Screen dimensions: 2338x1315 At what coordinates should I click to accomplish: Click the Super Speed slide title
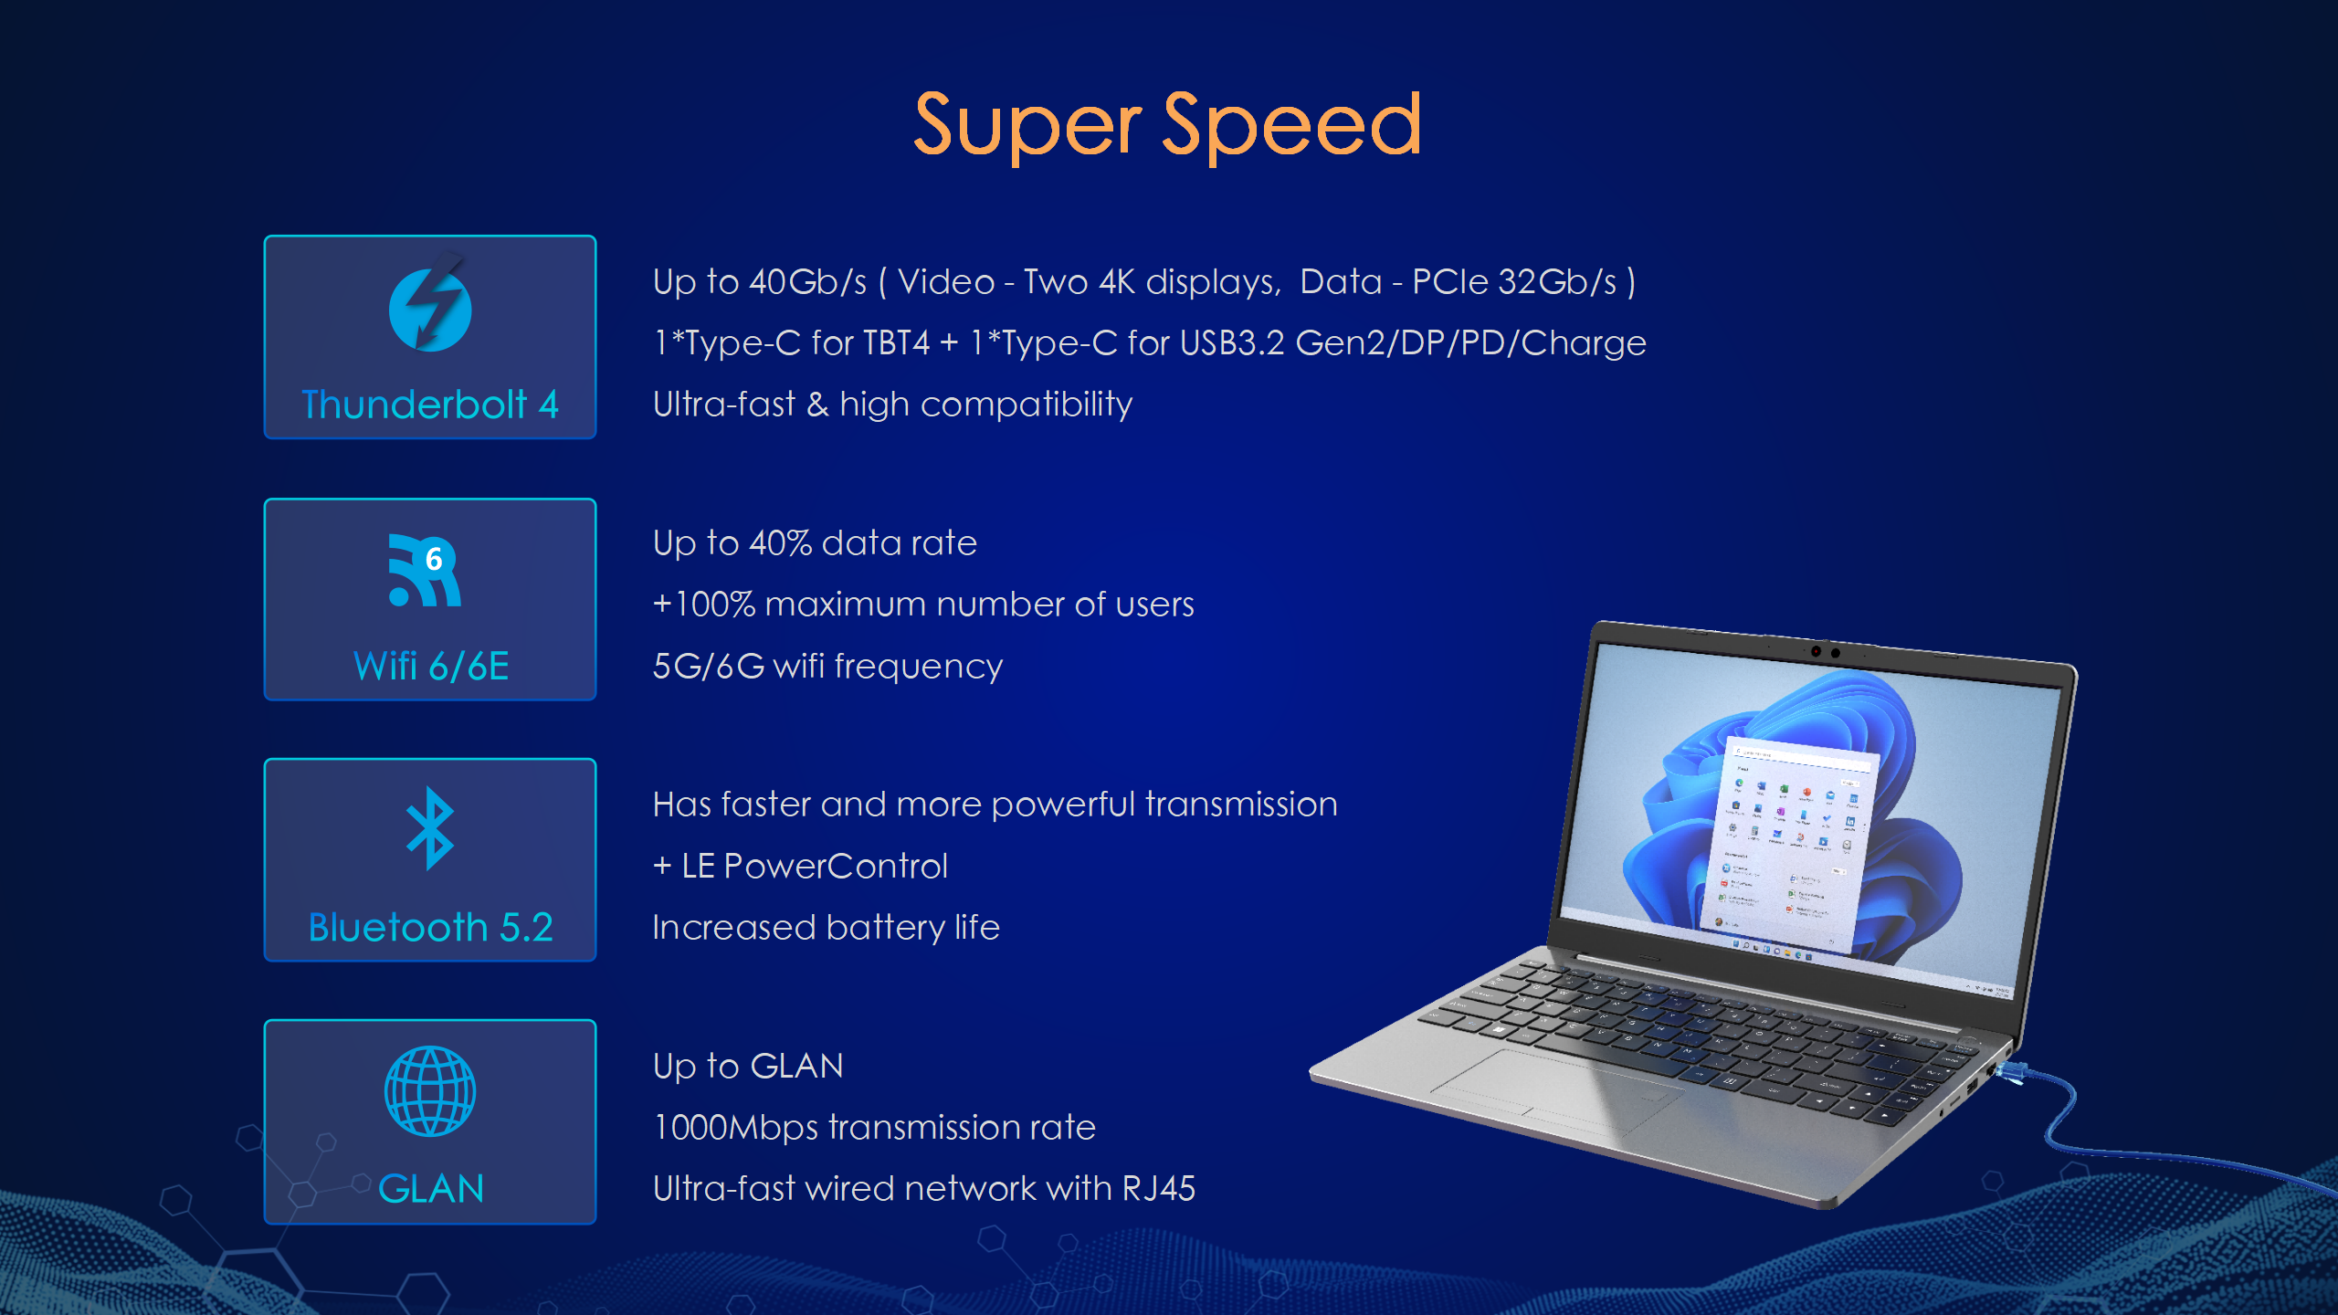coord(1167,126)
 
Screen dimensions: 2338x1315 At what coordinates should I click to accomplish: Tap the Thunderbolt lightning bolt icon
coord(430,304)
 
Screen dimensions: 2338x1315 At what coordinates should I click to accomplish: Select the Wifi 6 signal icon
coord(425,570)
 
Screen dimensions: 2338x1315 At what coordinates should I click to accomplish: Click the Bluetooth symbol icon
coord(430,828)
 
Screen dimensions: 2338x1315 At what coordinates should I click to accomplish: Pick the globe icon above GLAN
coord(430,1091)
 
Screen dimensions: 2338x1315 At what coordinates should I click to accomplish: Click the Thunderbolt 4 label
coord(430,405)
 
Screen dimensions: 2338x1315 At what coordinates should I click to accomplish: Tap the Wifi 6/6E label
coord(431,666)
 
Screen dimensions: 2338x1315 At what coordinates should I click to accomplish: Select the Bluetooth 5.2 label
coord(431,928)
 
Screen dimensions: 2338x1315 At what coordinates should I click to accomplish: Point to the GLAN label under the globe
coord(431,1189)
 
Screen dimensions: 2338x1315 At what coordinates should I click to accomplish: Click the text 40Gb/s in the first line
coord(807,282)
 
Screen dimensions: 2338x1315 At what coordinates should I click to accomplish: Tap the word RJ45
coord(1158,1189)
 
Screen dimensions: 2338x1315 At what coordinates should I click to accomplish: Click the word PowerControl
coord(836,867)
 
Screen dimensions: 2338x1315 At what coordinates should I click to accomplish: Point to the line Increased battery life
coord(827,928)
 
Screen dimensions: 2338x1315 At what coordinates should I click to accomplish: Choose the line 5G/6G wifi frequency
coord(827,667)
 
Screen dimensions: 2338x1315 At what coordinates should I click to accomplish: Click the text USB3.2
coord(1232,343)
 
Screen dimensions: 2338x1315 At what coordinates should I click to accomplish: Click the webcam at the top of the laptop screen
coord(1826,652)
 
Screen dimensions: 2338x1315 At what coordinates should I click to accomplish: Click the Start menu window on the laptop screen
coord(1785,845)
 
